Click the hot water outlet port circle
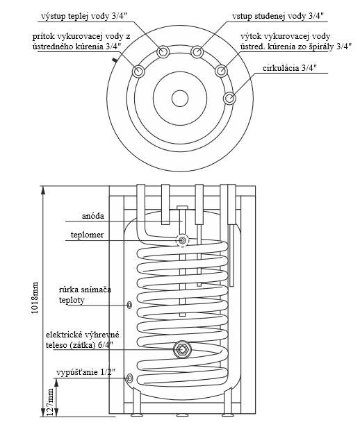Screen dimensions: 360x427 [x=163, y=51]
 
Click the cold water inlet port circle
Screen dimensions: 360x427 [x=197, y=51]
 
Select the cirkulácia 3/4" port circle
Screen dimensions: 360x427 [x=229, y=98]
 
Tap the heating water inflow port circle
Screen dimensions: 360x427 [x=138, y=72]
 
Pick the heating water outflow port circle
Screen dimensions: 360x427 [x=221, y=71]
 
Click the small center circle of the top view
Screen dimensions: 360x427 [x=180, y=99]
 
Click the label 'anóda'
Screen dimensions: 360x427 [x=93, y=216]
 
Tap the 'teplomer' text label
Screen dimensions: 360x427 [x=87, y=235]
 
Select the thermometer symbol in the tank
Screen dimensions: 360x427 [x=182, y=240]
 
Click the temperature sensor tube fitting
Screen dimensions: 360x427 [x=130, y=305]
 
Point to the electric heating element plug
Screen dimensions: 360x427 [x=182, y=349]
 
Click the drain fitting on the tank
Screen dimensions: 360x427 [x=130, y=378]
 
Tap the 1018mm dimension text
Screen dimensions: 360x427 [x=35, y=298]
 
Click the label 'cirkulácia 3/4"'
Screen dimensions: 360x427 [x=289, y=68]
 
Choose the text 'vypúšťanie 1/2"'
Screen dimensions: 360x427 [x=86, y=372]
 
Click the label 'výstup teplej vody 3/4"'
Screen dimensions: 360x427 [x=84, y=17]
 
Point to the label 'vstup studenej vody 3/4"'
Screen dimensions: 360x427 [x=278, y=17]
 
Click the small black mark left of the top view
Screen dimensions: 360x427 [x=115, y=60]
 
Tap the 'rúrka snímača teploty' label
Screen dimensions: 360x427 [x=85, y=294]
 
